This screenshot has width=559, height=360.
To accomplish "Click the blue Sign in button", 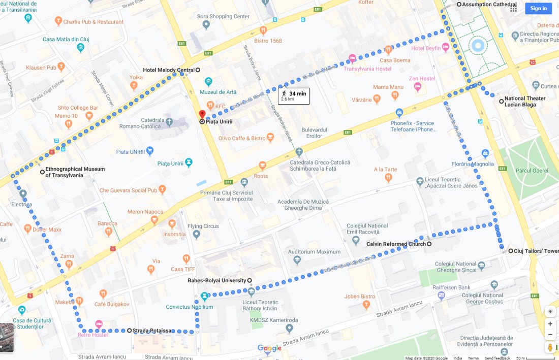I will click(538, 8).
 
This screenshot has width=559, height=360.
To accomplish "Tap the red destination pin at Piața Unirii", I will click(202, 115).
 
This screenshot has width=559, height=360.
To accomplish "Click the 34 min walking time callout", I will click(293, 96).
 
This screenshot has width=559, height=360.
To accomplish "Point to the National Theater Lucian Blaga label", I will click(524, 102).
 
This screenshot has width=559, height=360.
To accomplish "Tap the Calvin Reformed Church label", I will click(396, 244).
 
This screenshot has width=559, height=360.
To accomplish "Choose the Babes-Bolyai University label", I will click(217, 280).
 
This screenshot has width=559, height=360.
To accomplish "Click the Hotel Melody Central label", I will click(169, 70).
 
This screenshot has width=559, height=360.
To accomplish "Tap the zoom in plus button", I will click(550, 323).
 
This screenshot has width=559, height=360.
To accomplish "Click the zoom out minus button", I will click(550, 335).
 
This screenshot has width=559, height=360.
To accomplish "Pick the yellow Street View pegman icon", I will click(550, 348).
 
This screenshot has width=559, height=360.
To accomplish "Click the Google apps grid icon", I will click(513, 8).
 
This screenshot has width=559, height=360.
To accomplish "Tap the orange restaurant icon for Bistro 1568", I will click(263, 30).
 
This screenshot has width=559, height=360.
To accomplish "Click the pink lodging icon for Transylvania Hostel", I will click(352, 59).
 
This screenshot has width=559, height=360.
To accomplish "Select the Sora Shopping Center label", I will click(223, 16).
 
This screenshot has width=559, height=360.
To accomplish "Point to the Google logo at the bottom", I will click(269, 348).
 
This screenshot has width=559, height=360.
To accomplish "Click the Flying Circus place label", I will click(202, 226).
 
